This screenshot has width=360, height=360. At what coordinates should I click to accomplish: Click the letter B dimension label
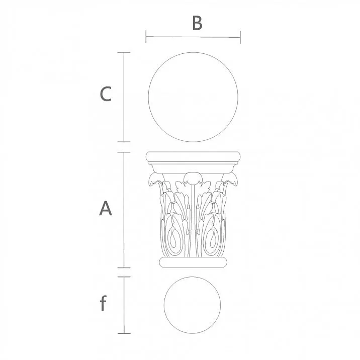197,23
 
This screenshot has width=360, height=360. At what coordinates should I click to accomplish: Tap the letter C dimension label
105,94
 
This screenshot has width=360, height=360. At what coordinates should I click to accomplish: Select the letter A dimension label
105,208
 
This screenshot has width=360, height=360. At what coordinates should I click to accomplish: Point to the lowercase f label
103,304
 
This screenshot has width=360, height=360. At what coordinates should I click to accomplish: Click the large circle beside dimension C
193,97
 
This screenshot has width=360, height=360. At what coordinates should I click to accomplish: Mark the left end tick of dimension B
146,37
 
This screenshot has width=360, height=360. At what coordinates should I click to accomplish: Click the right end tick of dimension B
240,37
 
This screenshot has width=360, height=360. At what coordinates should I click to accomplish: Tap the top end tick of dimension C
124,52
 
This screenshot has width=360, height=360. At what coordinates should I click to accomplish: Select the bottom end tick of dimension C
124,142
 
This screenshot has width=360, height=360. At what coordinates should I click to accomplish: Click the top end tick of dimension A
124,152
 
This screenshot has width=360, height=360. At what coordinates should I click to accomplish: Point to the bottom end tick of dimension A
124,267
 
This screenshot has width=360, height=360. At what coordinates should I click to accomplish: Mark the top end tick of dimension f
124,277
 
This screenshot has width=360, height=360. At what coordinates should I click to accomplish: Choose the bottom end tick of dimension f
124,333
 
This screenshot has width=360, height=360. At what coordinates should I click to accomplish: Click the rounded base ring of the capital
193,262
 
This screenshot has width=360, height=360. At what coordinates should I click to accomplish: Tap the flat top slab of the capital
193,157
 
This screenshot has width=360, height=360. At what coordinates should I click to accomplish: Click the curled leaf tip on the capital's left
152,181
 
